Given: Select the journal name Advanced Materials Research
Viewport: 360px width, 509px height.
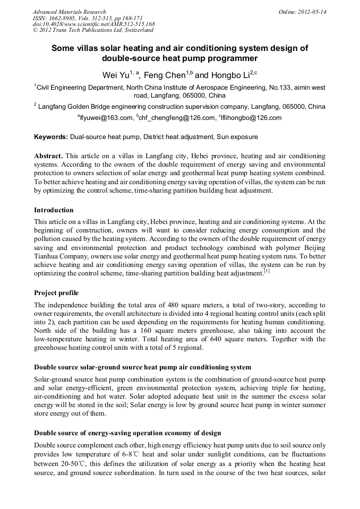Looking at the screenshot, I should tap(69, 12).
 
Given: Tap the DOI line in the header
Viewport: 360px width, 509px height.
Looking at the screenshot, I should tap(93, 24).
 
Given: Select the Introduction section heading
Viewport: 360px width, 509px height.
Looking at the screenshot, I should tap(54, 210).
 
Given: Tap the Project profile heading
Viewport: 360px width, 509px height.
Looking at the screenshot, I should tap(56, 293).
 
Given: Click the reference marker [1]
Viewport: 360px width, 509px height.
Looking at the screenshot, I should tap(267, 272).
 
